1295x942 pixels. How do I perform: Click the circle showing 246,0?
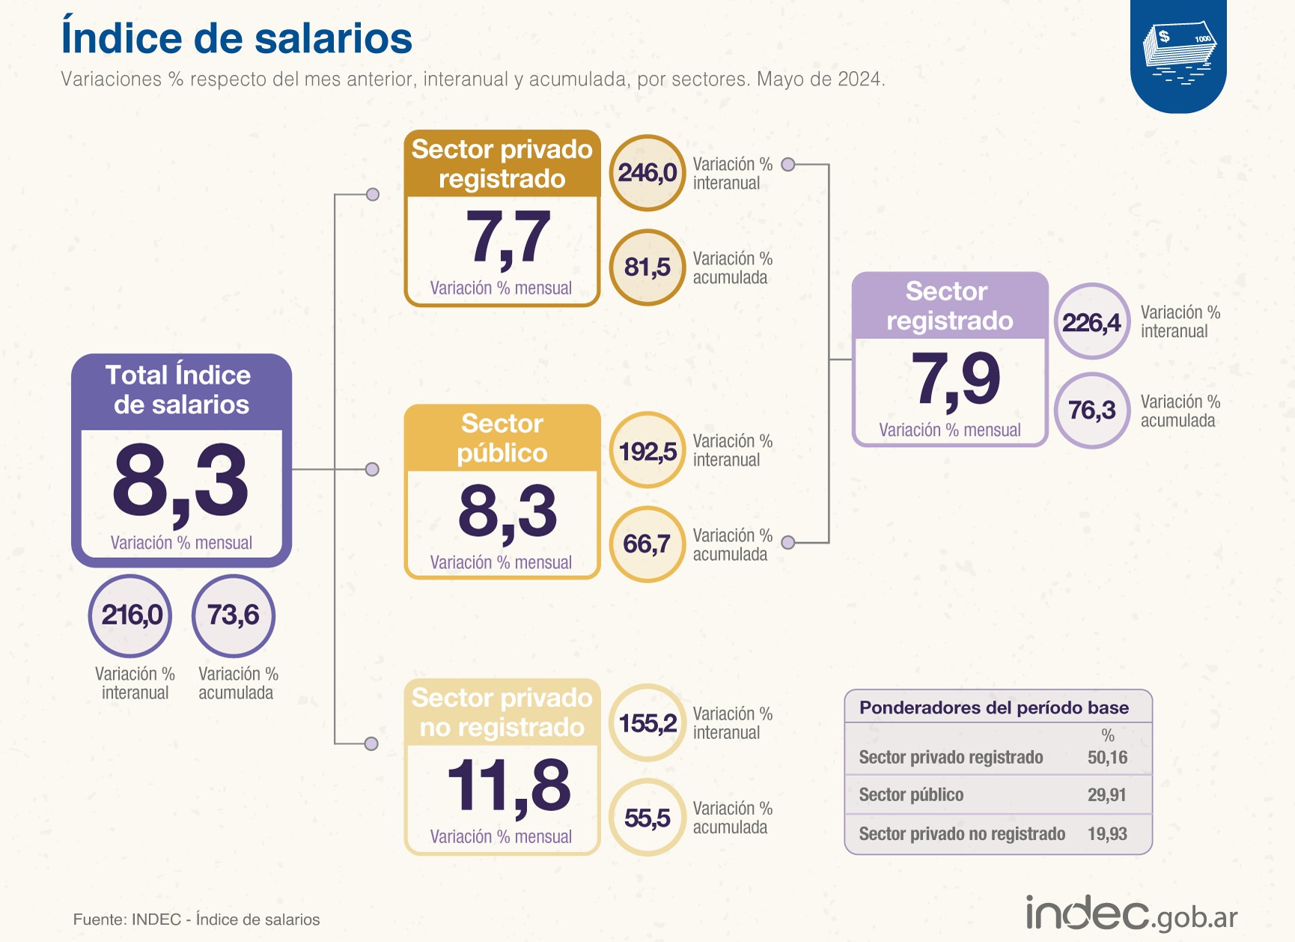[x=647, y=173]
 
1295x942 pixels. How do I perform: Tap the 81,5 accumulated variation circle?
[x=647, y=267]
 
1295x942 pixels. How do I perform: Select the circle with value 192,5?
[x=647, y=451]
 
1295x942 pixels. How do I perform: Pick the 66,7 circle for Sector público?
[x=647, y=544]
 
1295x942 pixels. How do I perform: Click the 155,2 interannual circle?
[x=647, y=723]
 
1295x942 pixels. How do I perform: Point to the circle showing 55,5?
[x=647, y=818]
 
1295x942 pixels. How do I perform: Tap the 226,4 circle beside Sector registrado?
[x=1092, y=323]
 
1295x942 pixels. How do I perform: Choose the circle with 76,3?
[x=1092, y=410]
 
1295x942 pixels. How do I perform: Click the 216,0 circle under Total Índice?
[x=131, y=616]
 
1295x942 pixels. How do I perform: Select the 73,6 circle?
[x=234, y=616]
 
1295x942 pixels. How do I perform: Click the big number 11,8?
[x=508, y=785]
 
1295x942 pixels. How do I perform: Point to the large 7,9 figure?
[x=955, y=379]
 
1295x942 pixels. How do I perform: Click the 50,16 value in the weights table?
[x=1107, y=758]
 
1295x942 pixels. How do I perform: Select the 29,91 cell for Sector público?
[x=1106, y=795]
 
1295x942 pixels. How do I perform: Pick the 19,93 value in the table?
[x=1107, y=834]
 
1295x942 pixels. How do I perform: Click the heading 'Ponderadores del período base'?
[x=994, y=708]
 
